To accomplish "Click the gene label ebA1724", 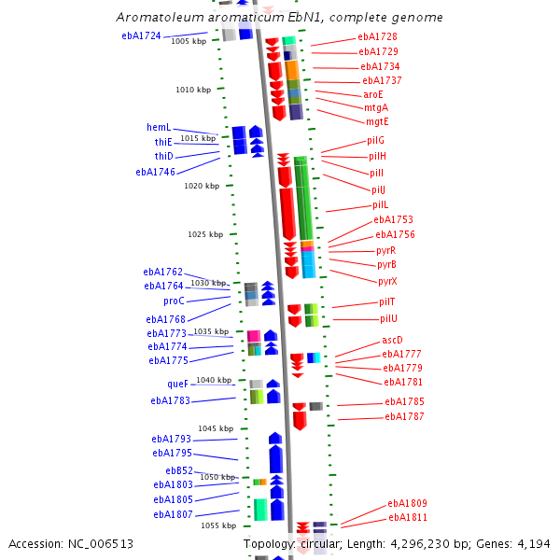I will (x=141, y=36).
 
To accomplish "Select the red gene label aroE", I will (x=373, y=94).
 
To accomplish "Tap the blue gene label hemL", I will (x=158, y=127).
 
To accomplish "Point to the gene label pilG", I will (x=376, y=140).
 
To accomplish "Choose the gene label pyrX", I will (x=387, y=281).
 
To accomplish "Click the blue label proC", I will (x=174, y=301).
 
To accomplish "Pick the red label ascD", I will (x=393, y=340).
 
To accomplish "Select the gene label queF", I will (x=177, y=384).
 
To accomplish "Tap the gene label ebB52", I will (x=179, y=470).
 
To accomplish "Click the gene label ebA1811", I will (x=408, y=517).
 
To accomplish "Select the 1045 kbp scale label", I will (x=213, y=428).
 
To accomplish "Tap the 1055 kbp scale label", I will (x=217, y=525).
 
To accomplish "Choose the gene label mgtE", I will (x=377, y=121).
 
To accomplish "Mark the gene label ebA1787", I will (x=404, y=416).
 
